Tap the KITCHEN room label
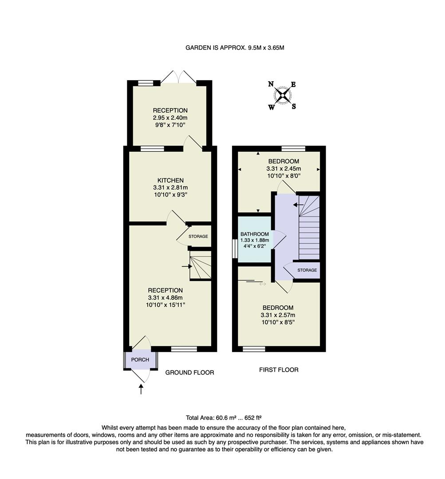coord(170,181)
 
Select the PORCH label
coord(140,360)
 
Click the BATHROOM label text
coord(254,234)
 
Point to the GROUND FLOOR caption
coord(189,373)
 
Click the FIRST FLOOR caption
coord(279,369)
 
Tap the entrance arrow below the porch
coord(141,389)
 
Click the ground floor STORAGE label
coord(198,236)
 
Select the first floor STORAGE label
coord(307,270)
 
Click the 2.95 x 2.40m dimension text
coord(170,118)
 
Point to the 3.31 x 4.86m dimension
coord(165,298)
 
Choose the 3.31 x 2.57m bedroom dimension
coord(278,315)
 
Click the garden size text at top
coord(235,47)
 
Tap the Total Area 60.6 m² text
coord(224,418)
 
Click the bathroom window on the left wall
coord(235,248)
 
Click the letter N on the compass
coord(271,84)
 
